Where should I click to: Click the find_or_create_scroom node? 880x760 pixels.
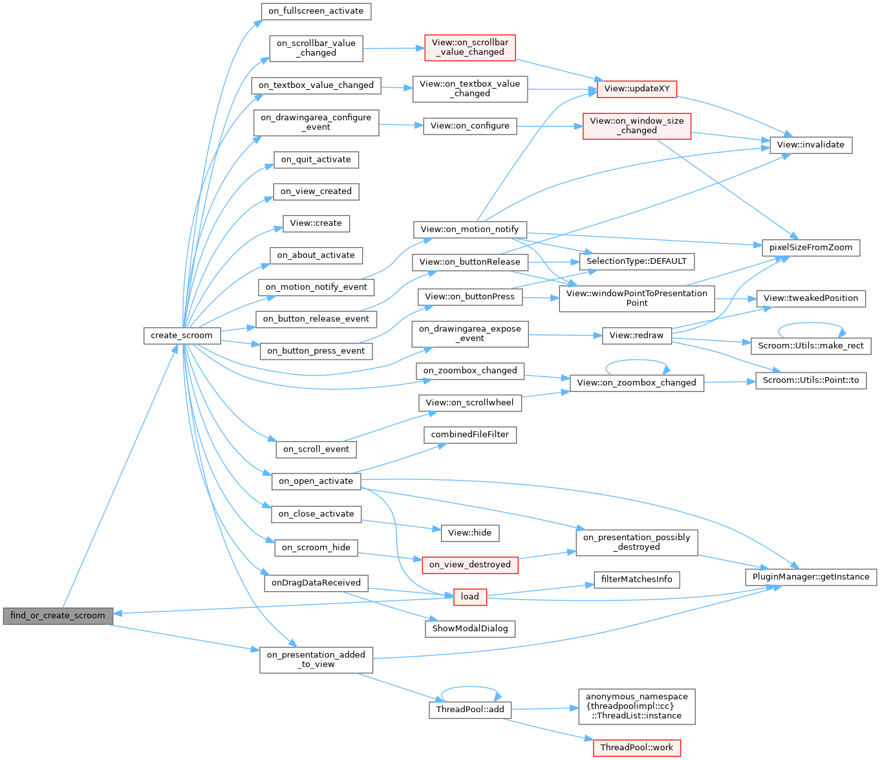pyautogui.click(x=58, y=616)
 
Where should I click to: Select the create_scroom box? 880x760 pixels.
pyautogui.click(x=182, y=336)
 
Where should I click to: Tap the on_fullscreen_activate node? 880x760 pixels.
pyautogui.click(x=316, y=11)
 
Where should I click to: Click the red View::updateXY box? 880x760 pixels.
pyautogui.click(x=637, y=89)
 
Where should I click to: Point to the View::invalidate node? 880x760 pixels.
pyautogui.click(x=811, y=145)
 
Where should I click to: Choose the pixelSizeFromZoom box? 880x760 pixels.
pyautogui.click(x=811, y=248)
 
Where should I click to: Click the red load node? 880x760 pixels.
pyautogui.click(x=470, y=597)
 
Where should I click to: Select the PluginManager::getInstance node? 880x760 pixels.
pyautogui.click(x=811, y=577)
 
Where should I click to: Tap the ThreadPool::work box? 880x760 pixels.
pyautogui.click(x=637, y=748)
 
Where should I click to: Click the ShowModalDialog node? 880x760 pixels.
pyautogui.click(x=470, y=629)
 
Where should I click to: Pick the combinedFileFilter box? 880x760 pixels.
pyautogui.click(x=470, y=435)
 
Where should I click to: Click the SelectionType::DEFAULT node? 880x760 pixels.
pyautogui.click(x=637, y=261)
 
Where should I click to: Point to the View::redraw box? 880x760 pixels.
pyautogui.click(x=637, y=336)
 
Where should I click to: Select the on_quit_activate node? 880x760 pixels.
pyautogui.click(x=316, y=160)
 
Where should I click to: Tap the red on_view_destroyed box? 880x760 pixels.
pyautogui.click(x=470, y=565)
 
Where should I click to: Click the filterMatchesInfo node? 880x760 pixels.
pyautogui.click(x=637, y=580)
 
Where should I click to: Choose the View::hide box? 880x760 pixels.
pyautogui.click(x=470, y=533)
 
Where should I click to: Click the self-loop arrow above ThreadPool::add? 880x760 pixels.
pyautogui.click(x=470, y=688)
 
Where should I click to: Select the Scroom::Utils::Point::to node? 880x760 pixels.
pyautogui.click(x=811, y=380)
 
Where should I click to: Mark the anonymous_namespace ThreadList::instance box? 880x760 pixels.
pyautogui.click(x=637, y=706)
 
